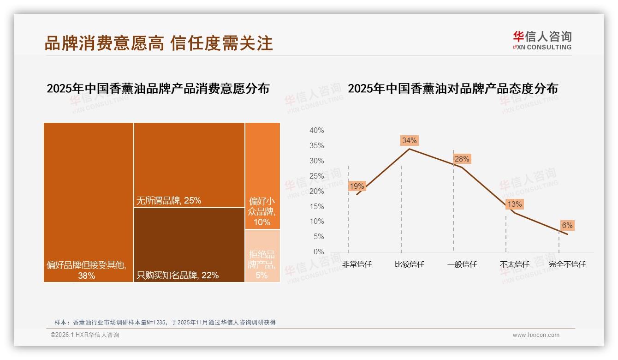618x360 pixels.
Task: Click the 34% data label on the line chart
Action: [x=409, y=140]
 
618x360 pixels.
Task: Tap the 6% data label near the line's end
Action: [x=567, y=225]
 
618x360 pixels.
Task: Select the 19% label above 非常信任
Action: [x=357, y=186]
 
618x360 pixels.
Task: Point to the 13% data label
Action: [x=514, y=204]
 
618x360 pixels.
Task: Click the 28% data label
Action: [x=462, y=159]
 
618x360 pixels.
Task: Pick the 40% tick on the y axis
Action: [x=316, y=131]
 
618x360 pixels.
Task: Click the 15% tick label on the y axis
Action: [x=316, y=206]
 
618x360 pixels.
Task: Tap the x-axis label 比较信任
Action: [x=409, y=264]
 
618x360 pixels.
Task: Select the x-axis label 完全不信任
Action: [x=567, y=264]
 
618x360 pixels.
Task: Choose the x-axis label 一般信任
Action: [x=462, y=264]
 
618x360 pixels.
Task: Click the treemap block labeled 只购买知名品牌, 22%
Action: [x=189, y=245]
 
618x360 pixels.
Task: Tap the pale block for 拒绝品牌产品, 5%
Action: [x=262, y=256]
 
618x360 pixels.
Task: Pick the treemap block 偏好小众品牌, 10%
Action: [x=262, y=175]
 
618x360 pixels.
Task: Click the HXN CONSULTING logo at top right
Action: [x=542, y=41]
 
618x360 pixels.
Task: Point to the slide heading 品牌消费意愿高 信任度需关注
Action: [x=159, y=43]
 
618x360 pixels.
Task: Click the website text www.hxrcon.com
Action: [x=536, y=335]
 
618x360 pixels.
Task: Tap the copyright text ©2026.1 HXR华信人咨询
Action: [x=85, y=335]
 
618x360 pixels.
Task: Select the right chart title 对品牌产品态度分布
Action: [x=452, y=88]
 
